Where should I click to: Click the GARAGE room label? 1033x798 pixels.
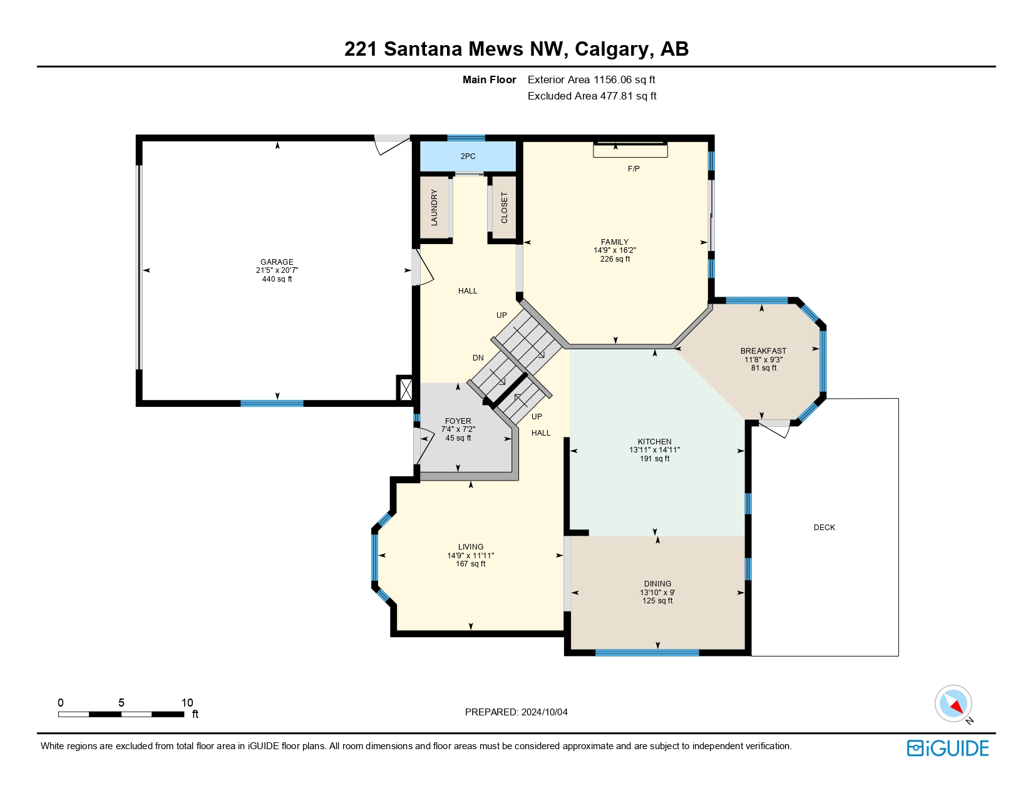tap(277, 262)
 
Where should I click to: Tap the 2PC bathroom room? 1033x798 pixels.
tap(468, 156)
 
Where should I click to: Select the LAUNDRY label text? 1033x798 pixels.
tap(434, 207)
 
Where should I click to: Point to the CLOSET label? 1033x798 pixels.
tap(504, 207)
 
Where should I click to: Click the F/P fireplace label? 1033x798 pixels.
tap(634, 169)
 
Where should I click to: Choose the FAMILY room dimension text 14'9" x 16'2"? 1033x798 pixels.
tap(615, 250)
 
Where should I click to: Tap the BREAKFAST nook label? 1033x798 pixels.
tap(763, 351)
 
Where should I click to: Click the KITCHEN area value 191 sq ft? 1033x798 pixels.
tap(654, 459)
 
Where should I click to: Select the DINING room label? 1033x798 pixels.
tap(657, 584)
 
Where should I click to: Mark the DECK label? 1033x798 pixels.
tap(824, 528)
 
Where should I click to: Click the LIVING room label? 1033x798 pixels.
tap(470, 547)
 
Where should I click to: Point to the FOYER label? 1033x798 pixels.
tap(458, 421)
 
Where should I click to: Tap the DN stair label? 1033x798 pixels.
tap(478, 358)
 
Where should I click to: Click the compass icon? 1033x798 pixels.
tap(953, 703)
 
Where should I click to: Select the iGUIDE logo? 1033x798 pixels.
tap(948, 749)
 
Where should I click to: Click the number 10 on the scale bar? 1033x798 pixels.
tap(187, 703)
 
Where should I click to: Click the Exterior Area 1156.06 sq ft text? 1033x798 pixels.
tap(591, 79)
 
